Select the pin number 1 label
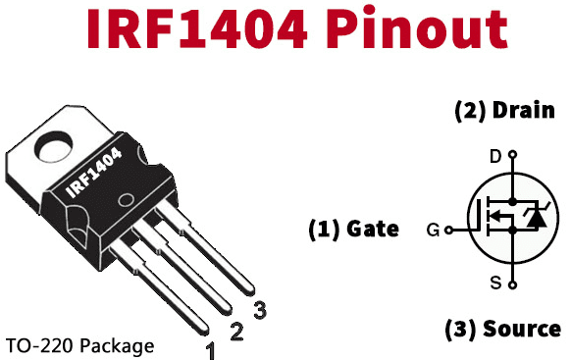tap(210, 348)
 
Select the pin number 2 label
tap(235, 331)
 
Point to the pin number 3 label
tap(259, 311)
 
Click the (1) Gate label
tap(353, 230)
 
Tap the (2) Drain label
tap(504, 110)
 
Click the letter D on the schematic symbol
tap(494, 156)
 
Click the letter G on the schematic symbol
tap(432, 231)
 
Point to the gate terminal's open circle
tap(448, 231)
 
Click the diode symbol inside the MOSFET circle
tap(536, 218)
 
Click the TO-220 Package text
tap(79, 346)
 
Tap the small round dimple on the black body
tap(126, 203)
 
